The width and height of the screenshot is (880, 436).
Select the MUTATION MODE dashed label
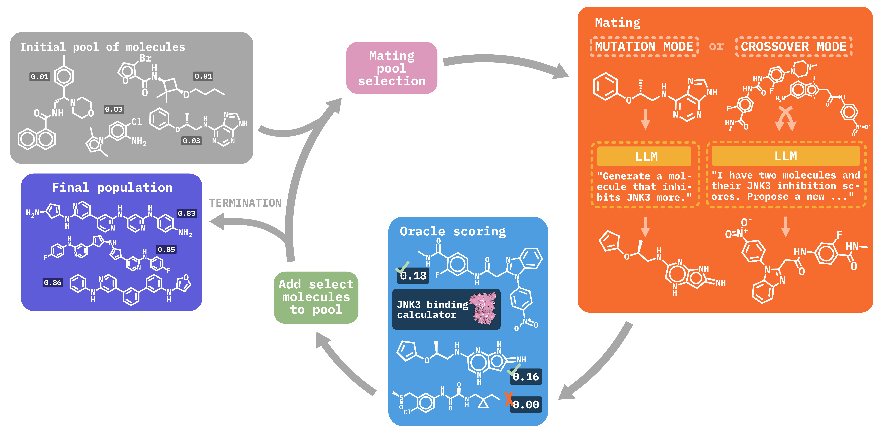(x=644, y=46)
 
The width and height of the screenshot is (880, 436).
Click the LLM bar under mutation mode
(x=644, y=156)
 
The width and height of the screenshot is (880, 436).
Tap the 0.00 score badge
(x=526, y=405)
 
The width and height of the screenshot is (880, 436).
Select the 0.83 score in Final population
(x=186, y=213)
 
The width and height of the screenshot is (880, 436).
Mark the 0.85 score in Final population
(x=166, y=250)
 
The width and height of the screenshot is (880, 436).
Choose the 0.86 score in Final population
(x=53, y=283)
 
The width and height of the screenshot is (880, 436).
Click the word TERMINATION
(x=245, y=203)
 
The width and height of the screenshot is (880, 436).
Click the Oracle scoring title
(x=453, y=231)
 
